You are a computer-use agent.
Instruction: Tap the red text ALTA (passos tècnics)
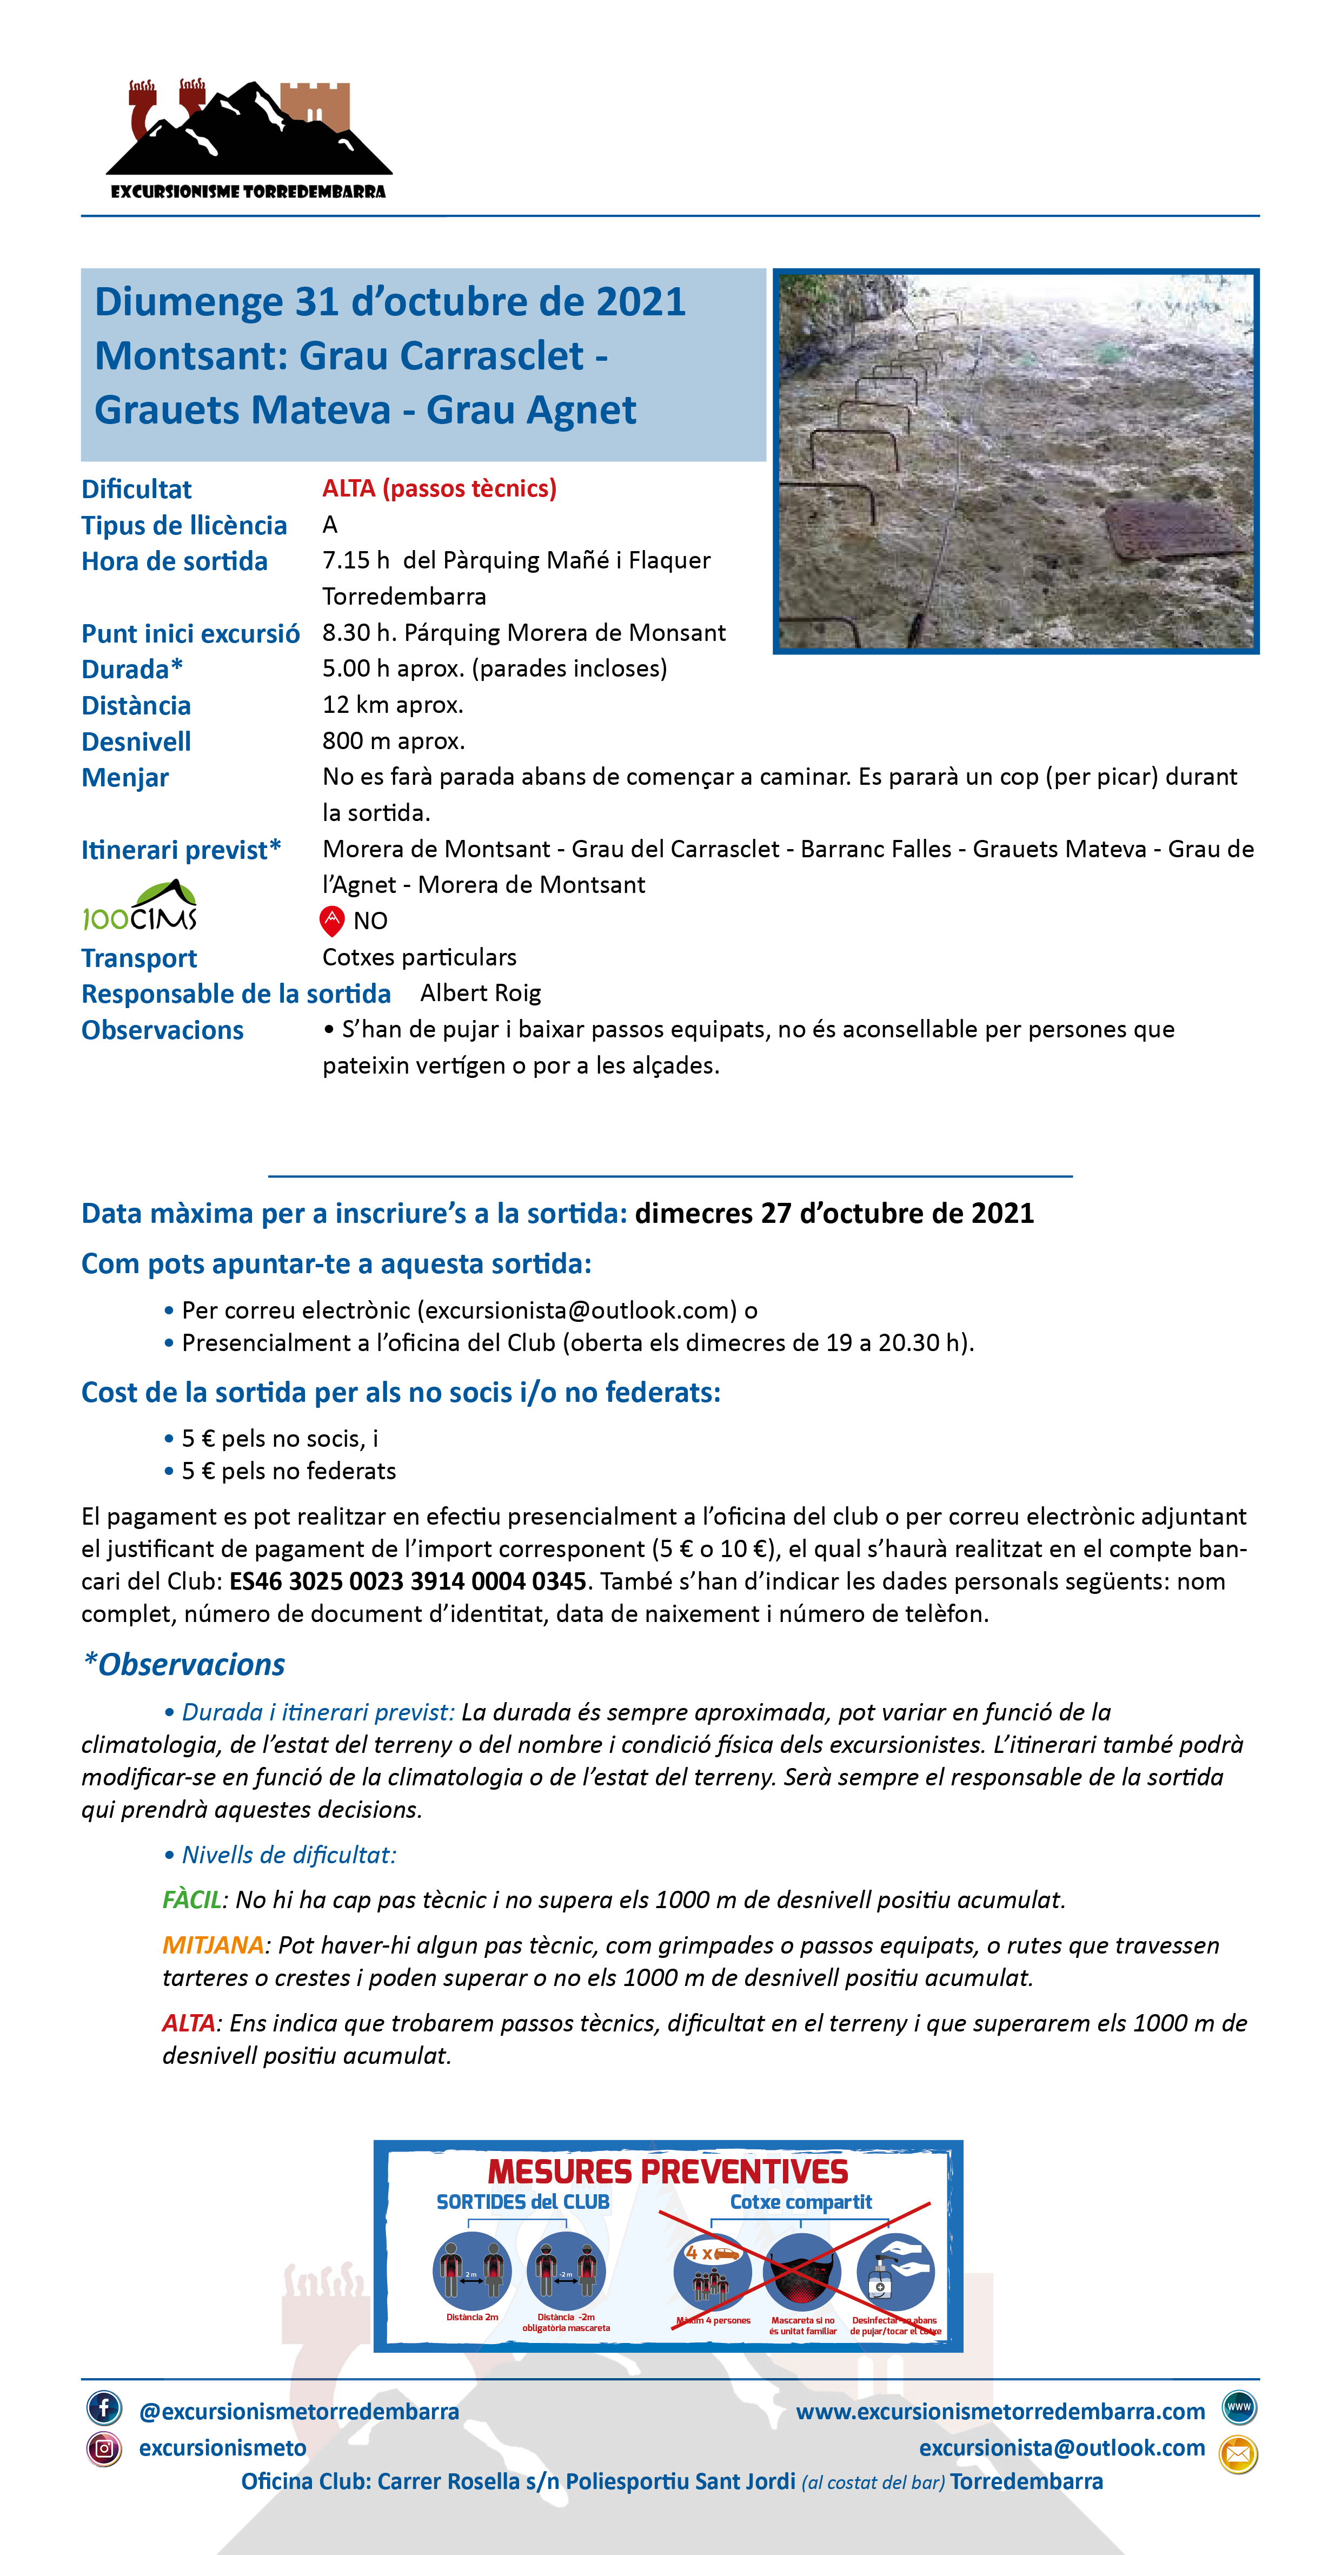point(440,488)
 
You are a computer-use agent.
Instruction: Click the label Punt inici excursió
point(190,634)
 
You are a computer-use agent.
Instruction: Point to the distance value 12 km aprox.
point(393,705)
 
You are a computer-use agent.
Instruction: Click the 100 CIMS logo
point(140,906)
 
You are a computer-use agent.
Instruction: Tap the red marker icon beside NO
point(331,921)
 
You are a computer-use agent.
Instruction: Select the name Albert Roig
point(480,993)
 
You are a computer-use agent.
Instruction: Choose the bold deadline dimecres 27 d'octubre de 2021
point(834,1213)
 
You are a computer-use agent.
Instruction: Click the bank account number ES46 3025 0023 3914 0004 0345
point(408,1581)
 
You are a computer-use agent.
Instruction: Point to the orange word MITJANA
point(213,1945)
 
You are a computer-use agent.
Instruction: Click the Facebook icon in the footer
point(104,2407)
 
